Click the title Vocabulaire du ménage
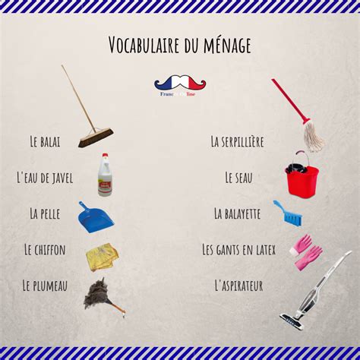[x=179, y=45]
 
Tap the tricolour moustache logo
[x=180, y=83]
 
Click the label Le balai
[x=45, y=141]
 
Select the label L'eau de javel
[x=45, y=177]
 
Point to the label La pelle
[x=45, y=213]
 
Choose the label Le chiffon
[x=45, y=249]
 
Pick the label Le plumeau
[x=45, y=286]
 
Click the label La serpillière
[x=237, y=141]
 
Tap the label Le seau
[x=238, y=177]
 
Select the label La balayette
[x=237, y=213]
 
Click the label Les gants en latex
[x=238, y=249]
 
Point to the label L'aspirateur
[x=238, y=286]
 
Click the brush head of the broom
[x=96, y=137]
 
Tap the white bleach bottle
[x=105, y=176]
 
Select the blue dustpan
[x=96, y=217]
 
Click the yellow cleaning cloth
[x=102, y=256]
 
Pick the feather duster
[x=98, y=294]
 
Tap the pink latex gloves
[x=308, y=253]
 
